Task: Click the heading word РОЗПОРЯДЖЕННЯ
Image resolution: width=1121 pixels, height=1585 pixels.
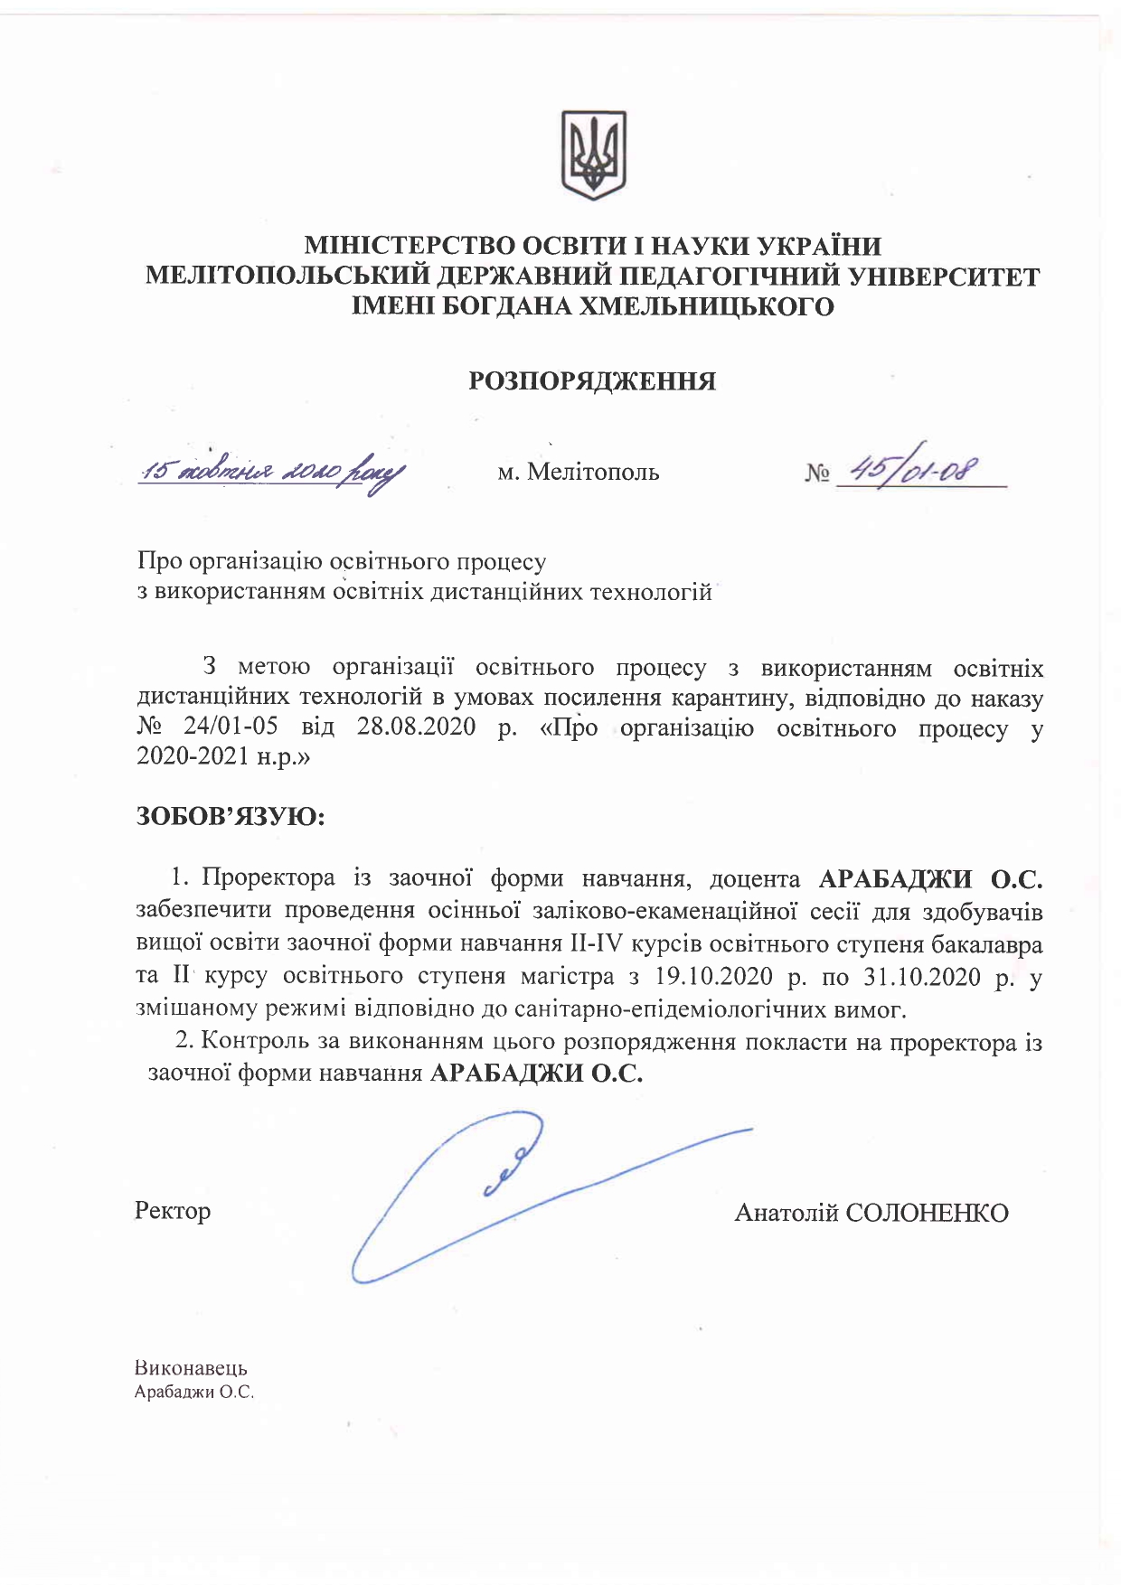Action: coord(592,381)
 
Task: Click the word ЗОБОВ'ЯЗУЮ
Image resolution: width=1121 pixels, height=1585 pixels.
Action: coord(231,817)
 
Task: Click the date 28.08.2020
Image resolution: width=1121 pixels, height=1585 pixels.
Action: coord(416,727)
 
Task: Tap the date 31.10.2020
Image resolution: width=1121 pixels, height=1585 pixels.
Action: coord(922,977)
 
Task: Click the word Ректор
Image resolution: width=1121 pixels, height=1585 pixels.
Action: coord(173,1211)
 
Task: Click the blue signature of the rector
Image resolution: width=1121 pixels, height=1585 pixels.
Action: coord(506,1193)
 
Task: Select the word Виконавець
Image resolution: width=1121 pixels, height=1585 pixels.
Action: coord(191,1368)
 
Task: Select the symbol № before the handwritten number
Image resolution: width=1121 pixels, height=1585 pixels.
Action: coord(816,473)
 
